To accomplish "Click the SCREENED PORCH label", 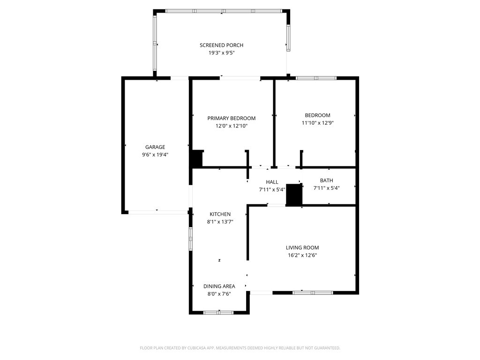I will click(221, 45).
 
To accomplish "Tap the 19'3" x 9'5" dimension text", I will click(221, 53).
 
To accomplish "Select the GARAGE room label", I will click(155, 147).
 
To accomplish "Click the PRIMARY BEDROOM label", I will click(232, 118).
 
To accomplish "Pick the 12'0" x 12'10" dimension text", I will click(232, 126).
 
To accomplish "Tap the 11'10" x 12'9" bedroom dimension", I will click(317, 123).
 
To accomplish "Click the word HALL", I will click(272, 182).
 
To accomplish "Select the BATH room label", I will click(326, 180).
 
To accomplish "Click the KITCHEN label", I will click(220, 214).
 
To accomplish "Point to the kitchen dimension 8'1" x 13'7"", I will click(220, 222).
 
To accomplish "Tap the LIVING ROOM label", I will click(302, 247).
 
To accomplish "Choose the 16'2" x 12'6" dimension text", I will click(302, 255).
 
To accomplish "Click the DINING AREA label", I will click(219, 286).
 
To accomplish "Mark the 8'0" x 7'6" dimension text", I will click(219, 294).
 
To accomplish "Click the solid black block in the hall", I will click(294, 195).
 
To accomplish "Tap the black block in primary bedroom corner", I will click(196, 158).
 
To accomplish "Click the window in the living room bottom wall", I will click(313, 293).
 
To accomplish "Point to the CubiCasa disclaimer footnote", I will click(240, 348).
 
